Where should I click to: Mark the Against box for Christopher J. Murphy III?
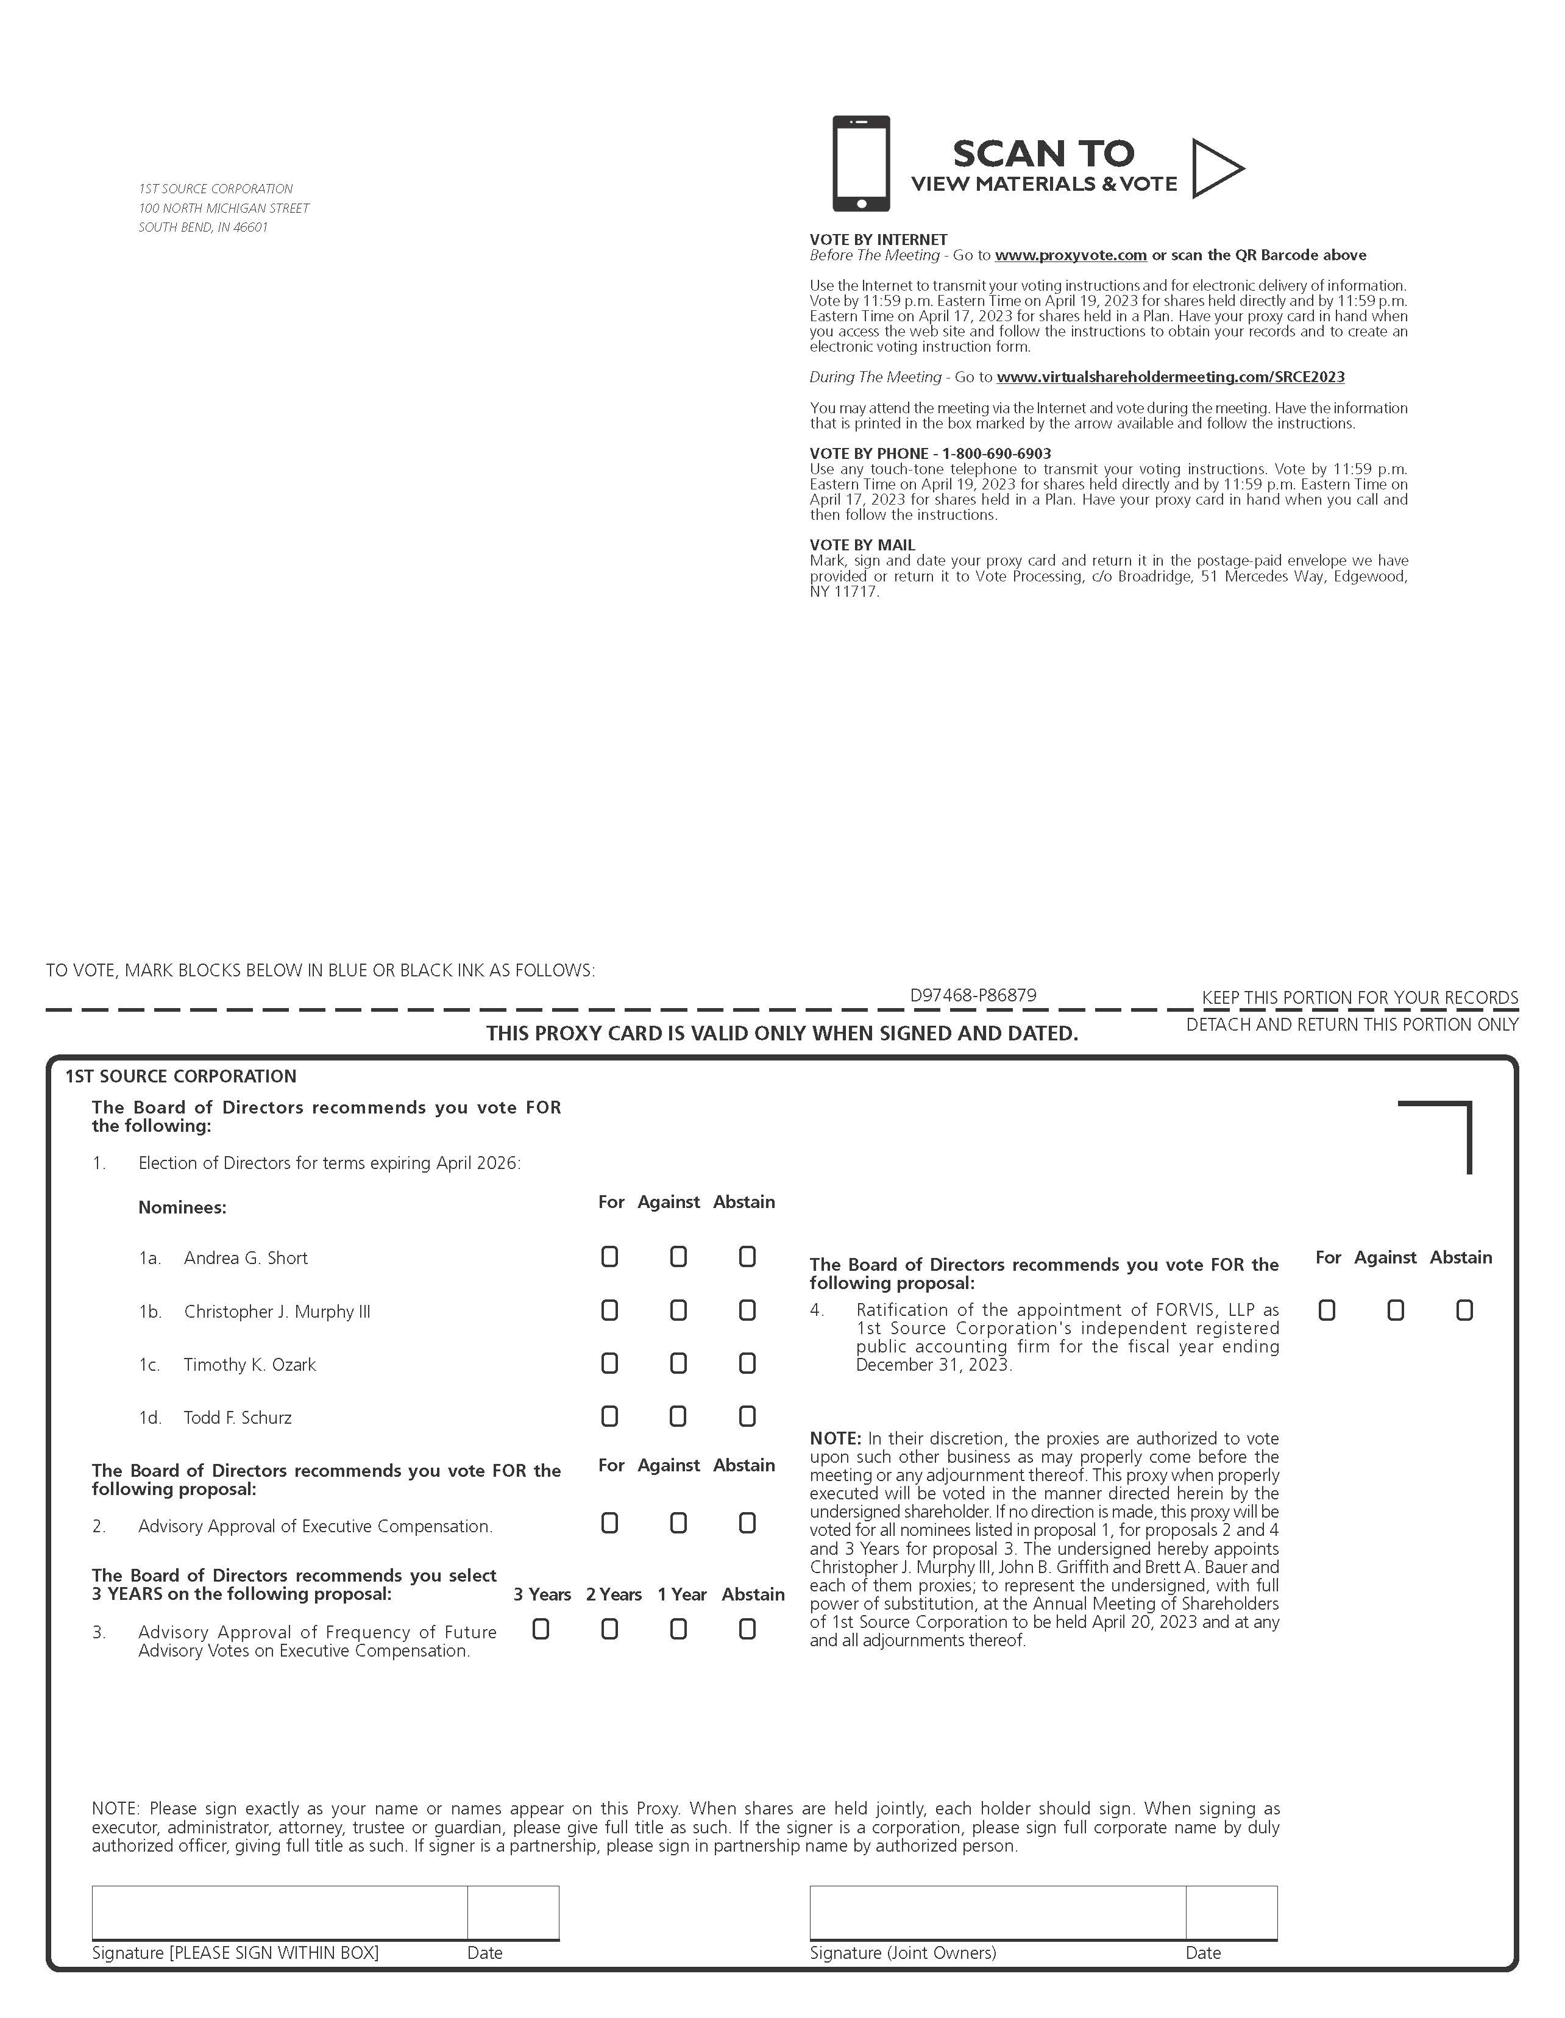pyautogui.click(x=678, y=1310)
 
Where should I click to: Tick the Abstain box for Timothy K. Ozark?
pyautogui.click(x=747, y=1363)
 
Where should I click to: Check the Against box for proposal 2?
pyautogui.click(x=678, y=1522)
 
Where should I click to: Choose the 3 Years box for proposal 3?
pyautogui.click(x=541, y=1629)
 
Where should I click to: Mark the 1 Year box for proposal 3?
pyautogui.click(x=678, y=1629)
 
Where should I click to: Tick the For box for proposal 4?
pyautogui.click(x=1327, y=1310)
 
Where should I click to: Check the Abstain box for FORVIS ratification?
pyautogui.click(x=1464, y=1310)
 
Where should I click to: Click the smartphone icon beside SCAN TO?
pyautogui.click(x=861, y=163)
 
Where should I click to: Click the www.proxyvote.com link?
pyautogui.click(x=1071, y=255)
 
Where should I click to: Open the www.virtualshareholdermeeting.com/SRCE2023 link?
pyautogui.click(x=1171, y=377)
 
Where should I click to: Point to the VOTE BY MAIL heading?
pyautogui.click(x=862, y=545)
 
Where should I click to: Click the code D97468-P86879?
pyautogui.click(x=973, y=995)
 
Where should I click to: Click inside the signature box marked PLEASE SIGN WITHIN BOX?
pyautogui.click(x=279, y=1912)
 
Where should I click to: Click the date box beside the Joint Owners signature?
pyautogui.click(x=1232, y=1912)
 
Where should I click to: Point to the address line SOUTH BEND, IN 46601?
pyautogui.click(x=204, y=227)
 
